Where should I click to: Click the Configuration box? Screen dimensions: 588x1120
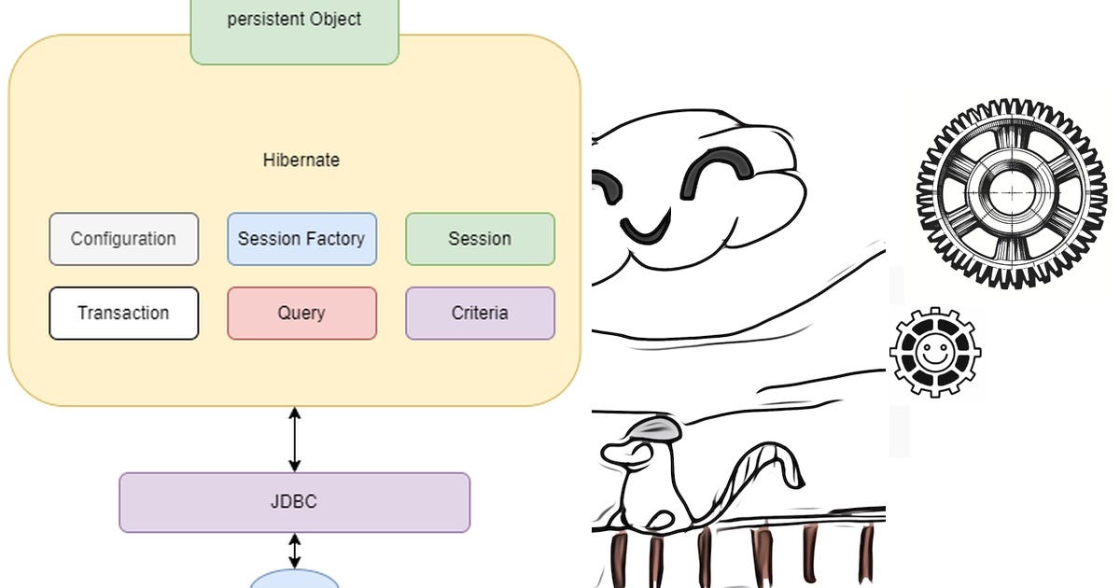[123, 239]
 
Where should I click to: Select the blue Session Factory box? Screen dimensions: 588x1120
[301, 239]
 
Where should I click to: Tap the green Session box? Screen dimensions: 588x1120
[480, 239]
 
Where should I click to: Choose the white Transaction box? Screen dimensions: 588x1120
[123, 313]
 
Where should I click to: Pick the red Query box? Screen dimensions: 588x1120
[301, 313]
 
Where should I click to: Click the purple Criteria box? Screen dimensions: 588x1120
[480, 313]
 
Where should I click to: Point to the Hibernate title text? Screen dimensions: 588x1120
[301, 160]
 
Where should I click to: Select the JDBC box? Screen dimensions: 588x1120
[294, 502]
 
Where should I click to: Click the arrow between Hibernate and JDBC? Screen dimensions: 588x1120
[295, 439]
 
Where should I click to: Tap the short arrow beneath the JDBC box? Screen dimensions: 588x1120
[295, 551]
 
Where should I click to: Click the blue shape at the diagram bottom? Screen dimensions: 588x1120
[294, 580]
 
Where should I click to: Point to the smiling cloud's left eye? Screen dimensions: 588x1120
[607, 187]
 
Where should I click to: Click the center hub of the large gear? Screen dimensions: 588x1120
[1011, 192]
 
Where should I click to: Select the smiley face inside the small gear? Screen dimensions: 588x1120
[934, 352]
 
